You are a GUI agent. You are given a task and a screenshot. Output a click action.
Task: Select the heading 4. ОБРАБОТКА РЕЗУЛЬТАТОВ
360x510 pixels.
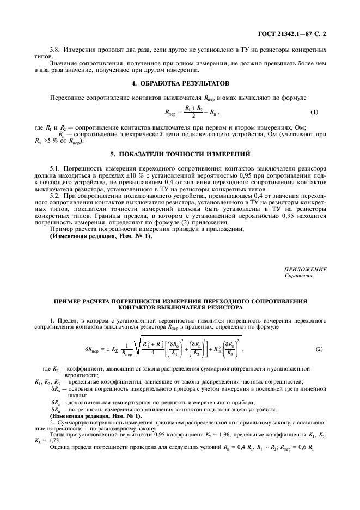click(180, 83)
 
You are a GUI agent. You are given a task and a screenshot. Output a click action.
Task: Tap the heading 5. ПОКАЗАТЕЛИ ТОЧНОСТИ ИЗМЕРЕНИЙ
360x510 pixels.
click(180, 154)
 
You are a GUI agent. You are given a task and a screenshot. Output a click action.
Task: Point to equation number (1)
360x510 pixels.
click(314, 112)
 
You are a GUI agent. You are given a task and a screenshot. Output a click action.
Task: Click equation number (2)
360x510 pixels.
click(320, 348)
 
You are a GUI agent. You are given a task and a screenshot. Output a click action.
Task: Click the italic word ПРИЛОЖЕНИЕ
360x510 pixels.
click(305, 269)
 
